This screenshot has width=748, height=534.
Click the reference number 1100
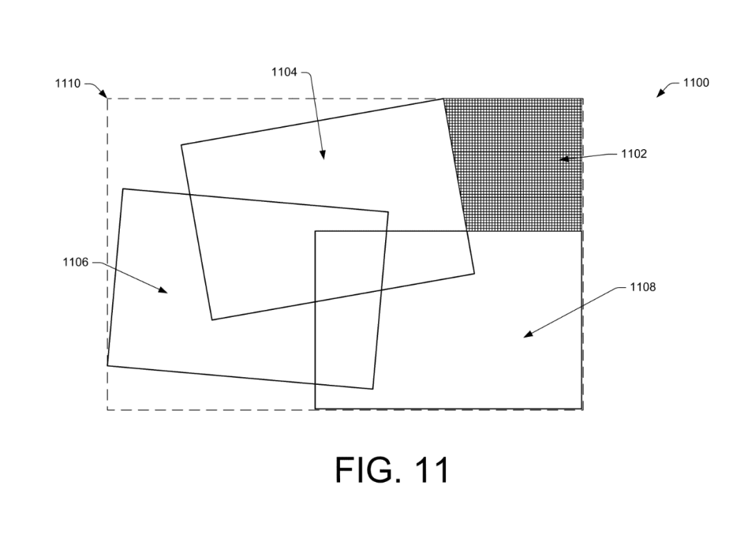tap(695, 83)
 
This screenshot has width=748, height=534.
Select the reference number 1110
tap(68, 84)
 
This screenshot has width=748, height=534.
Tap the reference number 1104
tap(284, 71)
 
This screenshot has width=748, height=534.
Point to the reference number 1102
tap(634, 153)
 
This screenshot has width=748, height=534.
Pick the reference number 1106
tap(75, 262)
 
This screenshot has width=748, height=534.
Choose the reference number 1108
tap(642, 287)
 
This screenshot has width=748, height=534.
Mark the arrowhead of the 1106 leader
tap(166, 291)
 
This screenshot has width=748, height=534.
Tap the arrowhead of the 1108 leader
tap(526, 336)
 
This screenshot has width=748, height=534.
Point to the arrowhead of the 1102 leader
tap(562, 159)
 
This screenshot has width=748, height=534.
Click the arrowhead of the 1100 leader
tap(659, 95)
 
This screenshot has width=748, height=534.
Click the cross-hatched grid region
tap(523, 166)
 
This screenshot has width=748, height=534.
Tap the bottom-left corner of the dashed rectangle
tap(107, 410)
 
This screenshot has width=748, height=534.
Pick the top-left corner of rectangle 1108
tap(315, 231)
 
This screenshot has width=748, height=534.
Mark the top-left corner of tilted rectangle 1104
tap(181, 145)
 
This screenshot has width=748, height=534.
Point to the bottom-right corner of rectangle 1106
tap(373, 389)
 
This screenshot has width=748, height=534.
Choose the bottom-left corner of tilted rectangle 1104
tap(212, 320)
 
